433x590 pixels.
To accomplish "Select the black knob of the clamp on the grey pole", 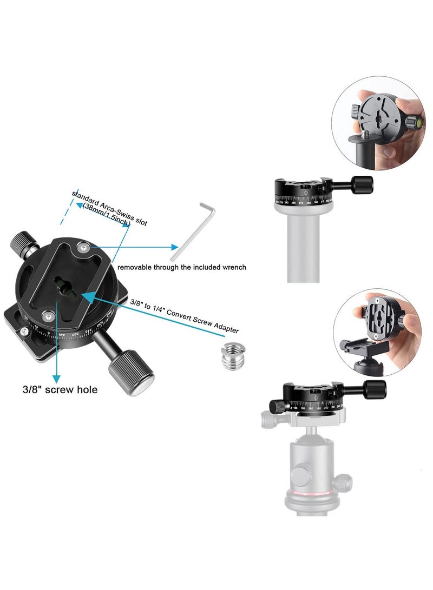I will [x=362, y=184].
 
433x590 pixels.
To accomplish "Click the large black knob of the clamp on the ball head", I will [x=375, y=388].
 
